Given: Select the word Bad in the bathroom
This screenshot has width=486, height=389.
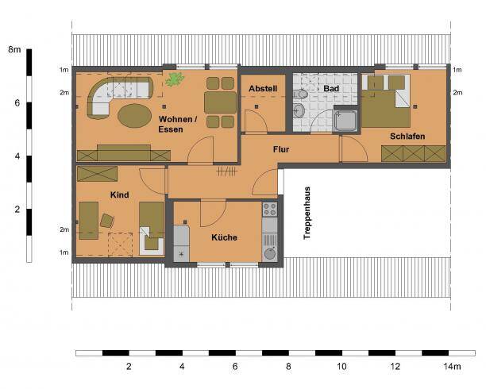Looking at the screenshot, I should tap(331, 88).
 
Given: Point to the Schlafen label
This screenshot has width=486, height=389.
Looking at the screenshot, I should tap(407, 137).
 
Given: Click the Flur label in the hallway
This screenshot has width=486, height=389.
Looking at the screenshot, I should tap(280, 148).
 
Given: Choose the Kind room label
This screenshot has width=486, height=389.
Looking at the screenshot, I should tap(120, 194).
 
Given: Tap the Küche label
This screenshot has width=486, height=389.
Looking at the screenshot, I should tap(225, 237).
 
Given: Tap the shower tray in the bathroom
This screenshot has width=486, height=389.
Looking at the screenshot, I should tap(346, 120).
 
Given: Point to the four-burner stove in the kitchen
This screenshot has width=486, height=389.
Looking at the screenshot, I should tap(270, 210).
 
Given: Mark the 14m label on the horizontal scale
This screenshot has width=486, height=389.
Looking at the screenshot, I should tap(452, 367).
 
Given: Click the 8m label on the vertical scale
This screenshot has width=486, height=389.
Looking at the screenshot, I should tap(13, 49).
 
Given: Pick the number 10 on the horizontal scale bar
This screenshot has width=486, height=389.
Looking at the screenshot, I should tap(341, 367).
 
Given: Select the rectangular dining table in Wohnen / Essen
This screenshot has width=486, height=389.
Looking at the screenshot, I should tap(220, 102).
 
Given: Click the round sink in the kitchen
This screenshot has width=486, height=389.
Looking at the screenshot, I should tap(270, 254).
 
